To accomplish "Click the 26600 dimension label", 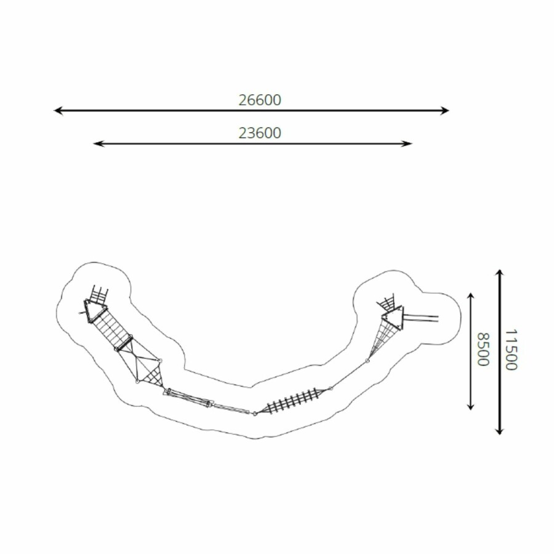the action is coord(260,100).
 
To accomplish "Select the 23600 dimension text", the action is coord(260,133).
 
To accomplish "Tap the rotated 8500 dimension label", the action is coord(483,350).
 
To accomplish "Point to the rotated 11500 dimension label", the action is coord(510,350).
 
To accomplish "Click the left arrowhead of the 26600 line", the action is coord(58,111).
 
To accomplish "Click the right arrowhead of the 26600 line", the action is coord(444,111).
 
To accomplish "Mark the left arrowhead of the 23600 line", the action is coord(98,143).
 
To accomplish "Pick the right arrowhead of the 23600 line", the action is coord(407,143).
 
